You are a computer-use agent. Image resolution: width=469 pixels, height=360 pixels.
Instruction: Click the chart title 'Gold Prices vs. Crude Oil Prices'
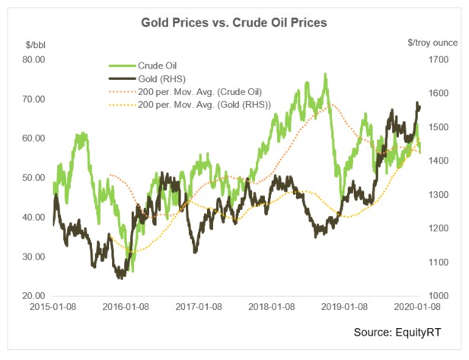234,23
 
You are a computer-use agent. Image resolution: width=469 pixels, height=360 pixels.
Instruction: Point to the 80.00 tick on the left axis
32,59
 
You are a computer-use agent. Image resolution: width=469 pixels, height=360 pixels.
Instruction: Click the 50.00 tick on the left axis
32,177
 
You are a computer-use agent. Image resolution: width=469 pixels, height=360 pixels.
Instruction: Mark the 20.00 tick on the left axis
32,295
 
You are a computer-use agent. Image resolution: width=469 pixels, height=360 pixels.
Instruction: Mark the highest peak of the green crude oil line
326,74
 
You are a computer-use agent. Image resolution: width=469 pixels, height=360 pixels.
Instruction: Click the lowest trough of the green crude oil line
132,271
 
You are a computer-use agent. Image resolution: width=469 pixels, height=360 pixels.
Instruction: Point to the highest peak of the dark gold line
417,102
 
